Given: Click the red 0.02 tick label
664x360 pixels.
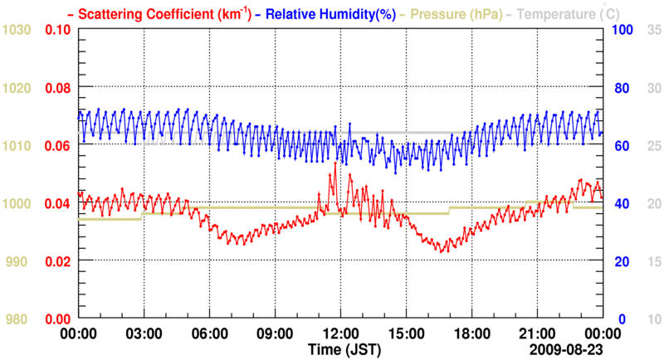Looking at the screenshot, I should point(57,261).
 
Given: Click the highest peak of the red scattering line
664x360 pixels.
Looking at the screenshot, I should point(335,163).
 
